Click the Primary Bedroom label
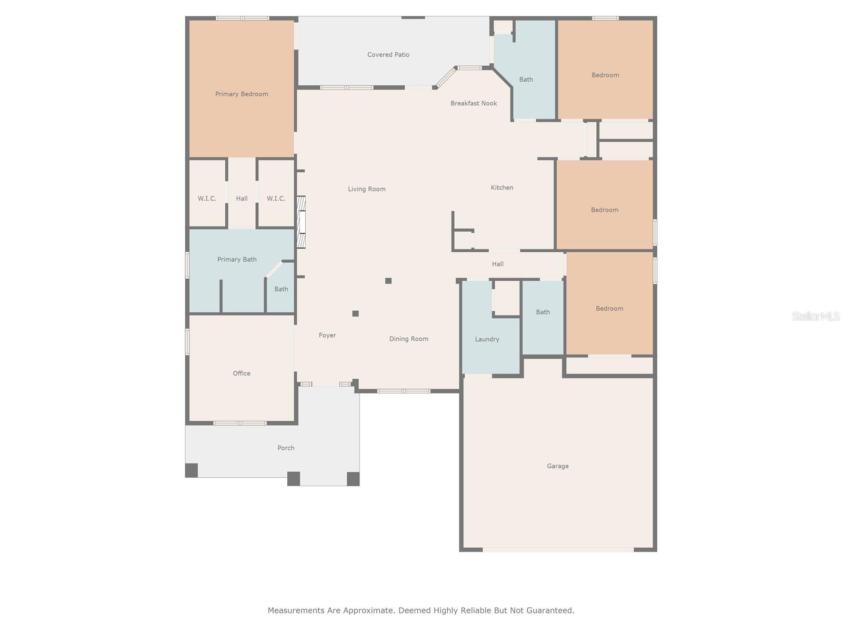pyautogui.click(x=242, y=94)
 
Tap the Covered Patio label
pyautogui.click(x=388, y=55)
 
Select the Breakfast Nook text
pyautogui.click(x=474, y=103)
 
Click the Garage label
pyautogui.click(x=557, y=466)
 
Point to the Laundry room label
pyautogui.click(x=487, y=339)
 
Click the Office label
pyautogui.click(x=242, y=373)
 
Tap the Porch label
pyautogui.click(x=286, y=448)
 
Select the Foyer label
pyautogui.click(x=327, y=335)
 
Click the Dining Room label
pyautogui.click(x=409, y=339)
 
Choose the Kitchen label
pyautogui.click(x=502, y=187)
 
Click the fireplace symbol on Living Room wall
pyautogui.click(x=301, y=222)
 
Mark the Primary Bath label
pyautogui.click(x=237, y=260)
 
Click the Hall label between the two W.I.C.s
pyautogui.click(x=242, y=199)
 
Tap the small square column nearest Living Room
pyautogui.click(x=388, y=281)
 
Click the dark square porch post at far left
pyautogui.click(x=192, y=470)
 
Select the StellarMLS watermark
pyautogui.click(x=816, y=316)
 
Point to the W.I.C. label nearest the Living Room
pyautogui.click(x=276, y=199)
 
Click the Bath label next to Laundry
pyautogui.click(x=543, y=312)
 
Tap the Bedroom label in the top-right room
pyautogui.click(x=605, y=75)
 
